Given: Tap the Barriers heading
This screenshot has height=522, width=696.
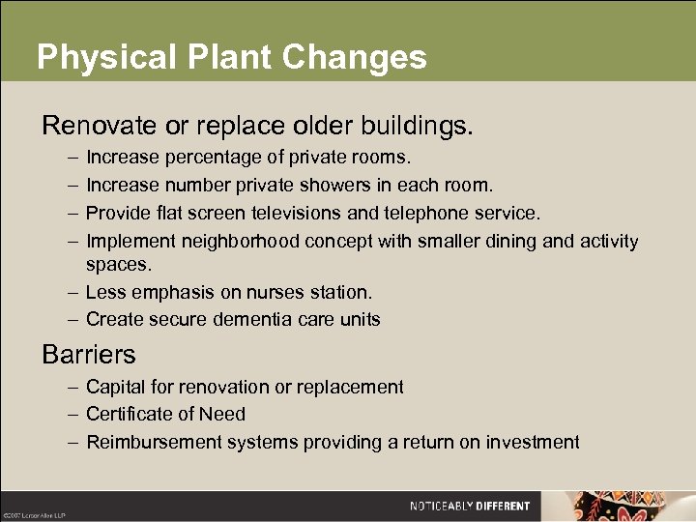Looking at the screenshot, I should point(89,354).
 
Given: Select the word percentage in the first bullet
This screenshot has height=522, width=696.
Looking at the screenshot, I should point(210,157).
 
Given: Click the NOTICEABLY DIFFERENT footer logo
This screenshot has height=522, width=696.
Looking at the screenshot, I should point(470,506).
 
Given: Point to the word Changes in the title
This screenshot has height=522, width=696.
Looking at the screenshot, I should point(355,57).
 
